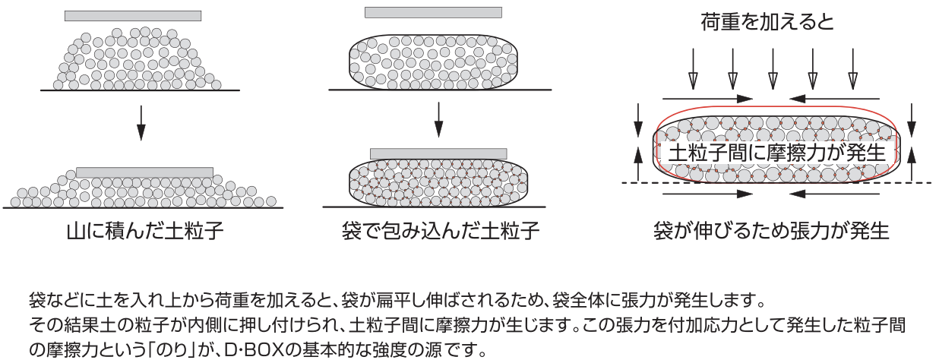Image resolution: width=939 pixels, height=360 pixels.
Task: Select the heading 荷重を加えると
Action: pyautogui.click(x=767, y=22)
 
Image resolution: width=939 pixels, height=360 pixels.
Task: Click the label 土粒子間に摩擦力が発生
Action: pyautogui.click(x=776, y=152)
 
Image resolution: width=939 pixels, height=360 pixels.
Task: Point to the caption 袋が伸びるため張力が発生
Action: pyautogui.click(x=771, y=230)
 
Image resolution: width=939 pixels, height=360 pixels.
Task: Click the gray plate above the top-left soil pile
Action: pyautogui.click(x=133, y=16)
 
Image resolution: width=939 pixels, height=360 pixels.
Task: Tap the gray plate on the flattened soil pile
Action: pyautogui.click(x=144, y=172)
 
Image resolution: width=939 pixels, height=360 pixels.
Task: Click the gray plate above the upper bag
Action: pyautogui.click(x=433, y=12)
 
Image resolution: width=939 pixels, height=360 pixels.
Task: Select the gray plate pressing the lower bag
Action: pyautogui.click(x=438, y=153)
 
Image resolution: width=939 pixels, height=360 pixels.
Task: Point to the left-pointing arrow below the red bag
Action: pyautogui.click(x=836, y=194)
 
